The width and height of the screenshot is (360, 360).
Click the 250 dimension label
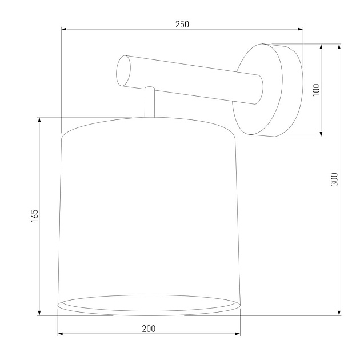(182, 24)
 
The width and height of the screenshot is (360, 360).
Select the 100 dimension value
(317, 90)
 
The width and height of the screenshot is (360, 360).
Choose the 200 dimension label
(149, 329)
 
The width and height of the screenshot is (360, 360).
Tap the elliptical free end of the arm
(123, 70)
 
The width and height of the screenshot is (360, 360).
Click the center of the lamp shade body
(149, 211)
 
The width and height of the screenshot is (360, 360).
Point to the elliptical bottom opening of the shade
(149, 303)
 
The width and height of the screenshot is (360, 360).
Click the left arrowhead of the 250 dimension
(63, 29)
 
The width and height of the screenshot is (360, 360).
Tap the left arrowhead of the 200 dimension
(61, 334)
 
